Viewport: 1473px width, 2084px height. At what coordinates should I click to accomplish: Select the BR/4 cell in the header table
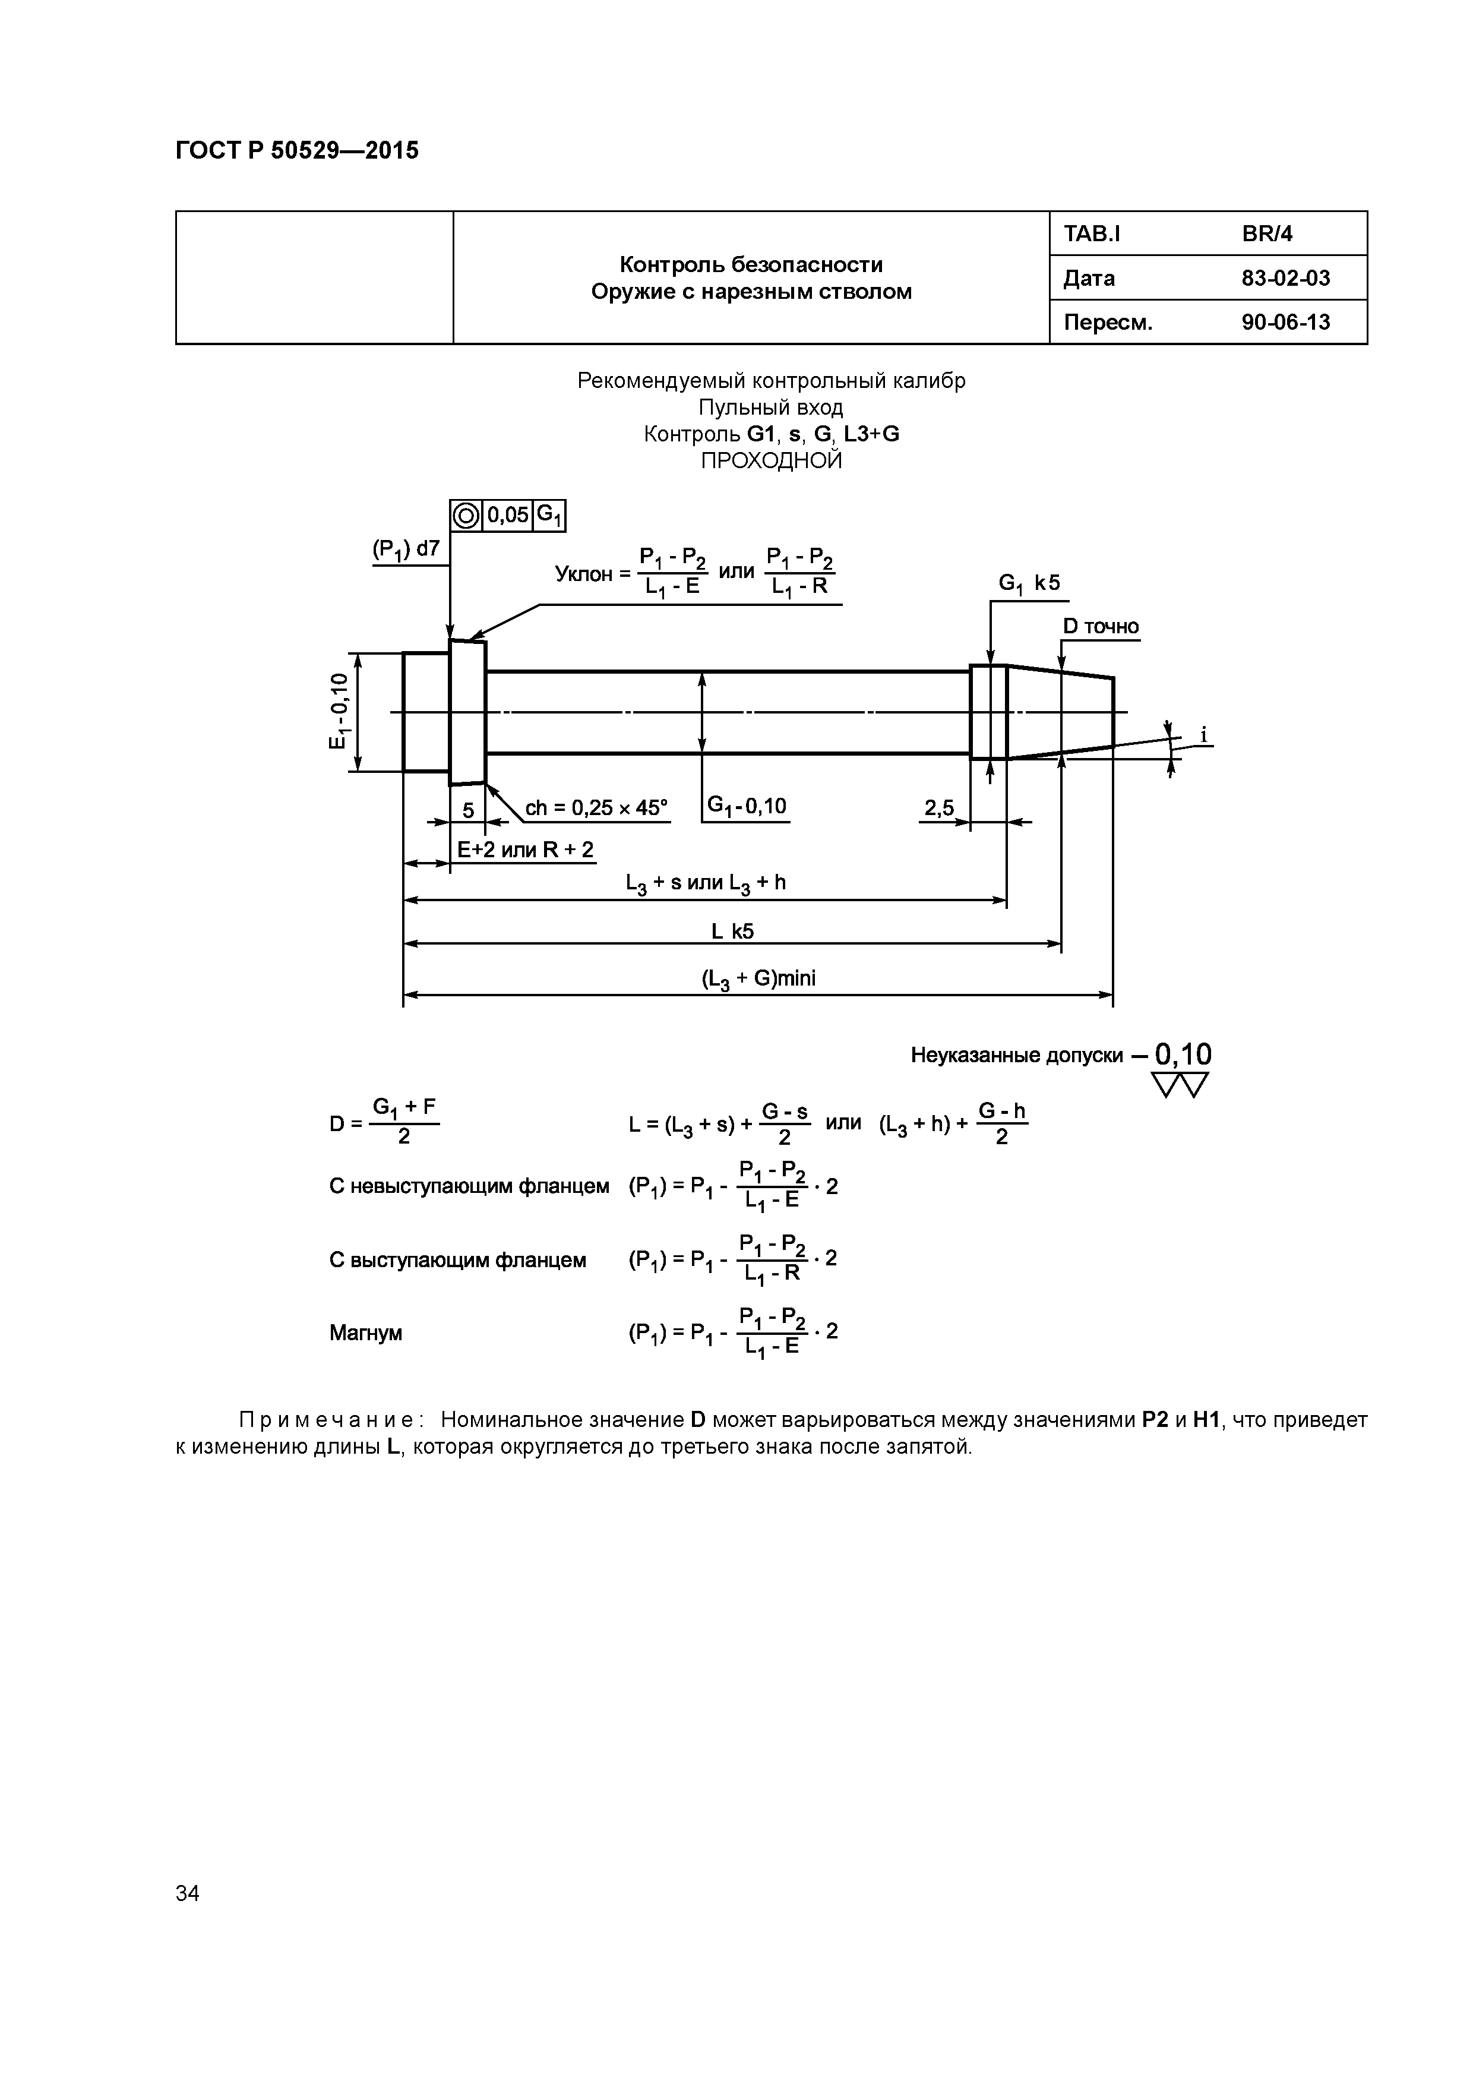[x=1267, y=234]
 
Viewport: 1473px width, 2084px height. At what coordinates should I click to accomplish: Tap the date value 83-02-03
[x=1285, y=279]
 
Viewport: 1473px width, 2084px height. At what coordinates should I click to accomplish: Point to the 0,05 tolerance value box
[x=507, y=516]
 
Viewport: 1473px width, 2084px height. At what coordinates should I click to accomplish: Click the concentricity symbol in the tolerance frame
[x=466, y=516]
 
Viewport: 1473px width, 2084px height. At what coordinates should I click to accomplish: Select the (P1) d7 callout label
[x=406, y=549]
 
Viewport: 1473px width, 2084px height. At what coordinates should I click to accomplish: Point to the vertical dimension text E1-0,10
[x=337, y=712]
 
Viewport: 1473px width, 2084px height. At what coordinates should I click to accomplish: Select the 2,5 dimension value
[x=940, y=807]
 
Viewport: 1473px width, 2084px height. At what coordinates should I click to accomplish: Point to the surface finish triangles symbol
[x=1180, y=1085]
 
